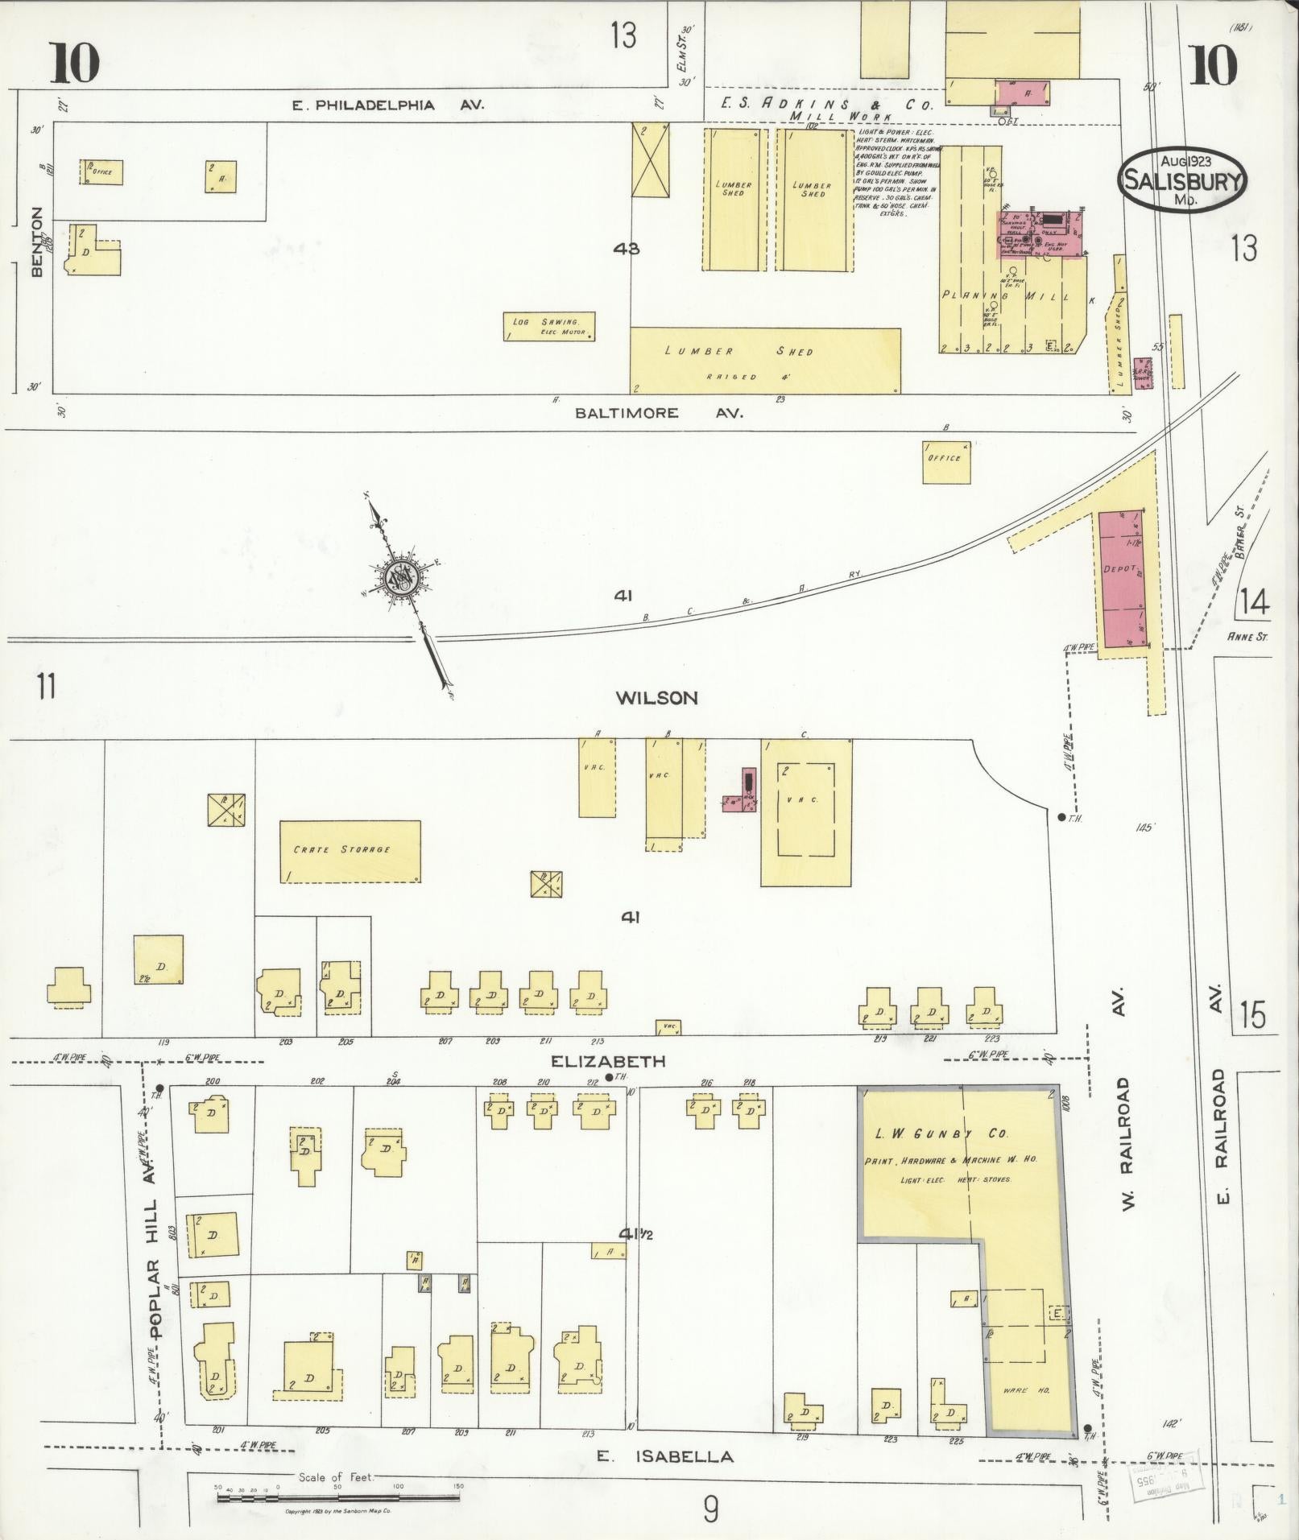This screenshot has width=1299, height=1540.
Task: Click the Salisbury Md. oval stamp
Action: pyautogui.click(x=1181, y=180)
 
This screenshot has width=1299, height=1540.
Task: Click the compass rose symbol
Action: pyautogui.click(x=399, y=578)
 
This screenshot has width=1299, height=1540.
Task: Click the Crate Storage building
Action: pyautogui.click(x=350, y=852)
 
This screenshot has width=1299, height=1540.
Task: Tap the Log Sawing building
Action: pyautogui.click(x=549, y=326)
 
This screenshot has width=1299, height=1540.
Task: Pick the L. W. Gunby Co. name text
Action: pyautogui.click(x=941, y=1133)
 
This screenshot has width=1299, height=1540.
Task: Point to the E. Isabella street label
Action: pyautogui.click(x=665, y=1456)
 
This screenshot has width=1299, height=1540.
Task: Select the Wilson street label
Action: pyautogui.click(x=656, y=698)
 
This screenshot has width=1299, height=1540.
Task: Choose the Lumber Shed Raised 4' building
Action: pyautogui.click(x=765, y=360)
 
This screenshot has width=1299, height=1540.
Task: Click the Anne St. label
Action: pyautogui.click(x=1247, y=638)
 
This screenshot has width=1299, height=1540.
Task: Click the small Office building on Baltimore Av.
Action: pyautogui.click(x=946, y=462)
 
